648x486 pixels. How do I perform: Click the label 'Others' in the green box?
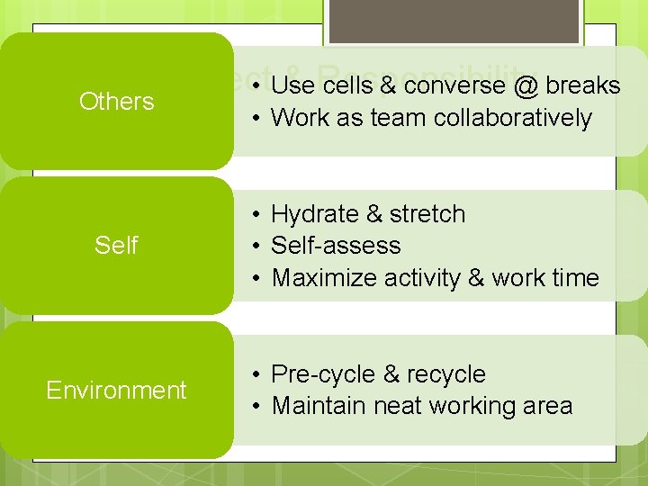[x=116, y=101]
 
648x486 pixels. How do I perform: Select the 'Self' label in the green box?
[x=116, y=245]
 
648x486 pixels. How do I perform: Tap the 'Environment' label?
[x=116, y=390]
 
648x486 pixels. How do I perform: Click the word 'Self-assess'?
[x=336, y=246]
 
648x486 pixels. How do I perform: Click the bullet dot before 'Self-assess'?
[x=256, y=246]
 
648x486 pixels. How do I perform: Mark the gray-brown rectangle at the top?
[x=453, y=21]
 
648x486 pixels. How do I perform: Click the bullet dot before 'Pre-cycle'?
[x=256, y=374]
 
